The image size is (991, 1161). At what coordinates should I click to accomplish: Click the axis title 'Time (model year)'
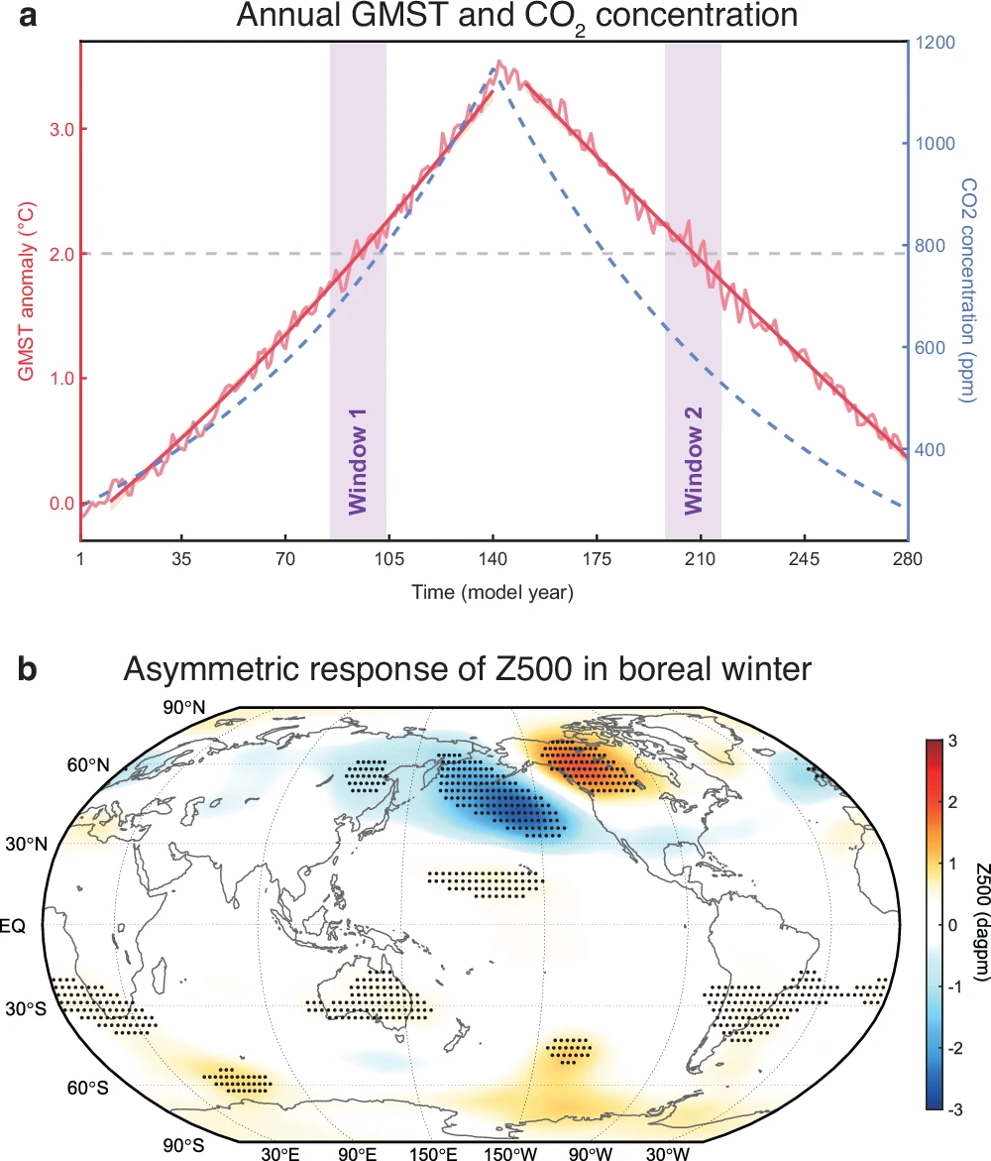pyautogui.click(x=493, y=593)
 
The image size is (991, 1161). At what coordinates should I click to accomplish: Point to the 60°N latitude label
pyautogui.click(x=88, y=764)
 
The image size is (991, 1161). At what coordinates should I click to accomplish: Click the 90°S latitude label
pyautogui.click(x=185, y=1145)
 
